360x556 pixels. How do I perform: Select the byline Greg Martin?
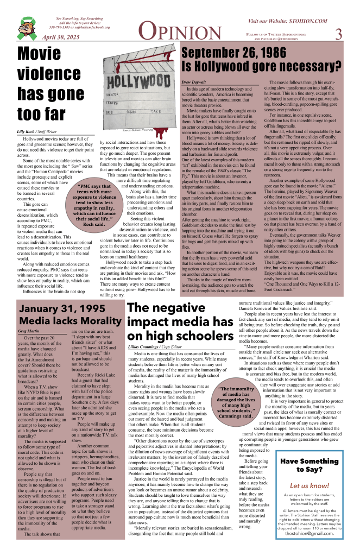click(29, 330)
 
